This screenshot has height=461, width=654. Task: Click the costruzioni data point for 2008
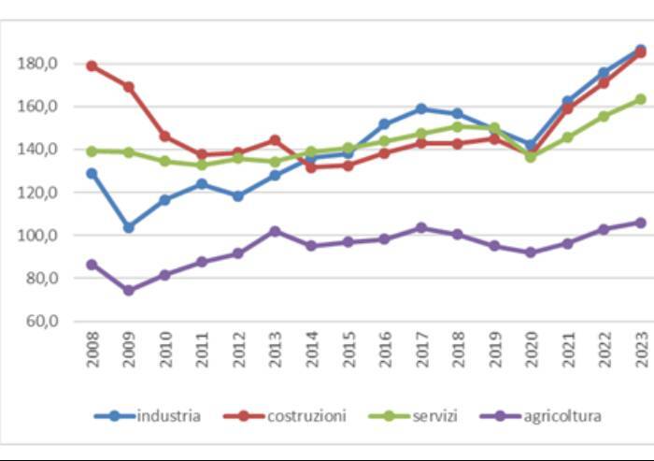point(92,66)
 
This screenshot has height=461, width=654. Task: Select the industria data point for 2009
point(128,227)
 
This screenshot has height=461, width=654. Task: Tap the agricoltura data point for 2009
point(128,290)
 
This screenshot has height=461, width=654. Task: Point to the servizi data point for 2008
point(92,151)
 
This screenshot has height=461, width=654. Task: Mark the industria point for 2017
point(421,108)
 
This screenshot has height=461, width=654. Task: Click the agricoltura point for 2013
point(275,231)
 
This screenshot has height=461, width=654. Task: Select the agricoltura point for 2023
point(641,223)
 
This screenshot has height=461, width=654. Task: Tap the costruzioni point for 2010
point(164,137)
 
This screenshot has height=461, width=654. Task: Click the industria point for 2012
point(238,196)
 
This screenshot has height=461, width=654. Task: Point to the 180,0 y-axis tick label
point(38,64)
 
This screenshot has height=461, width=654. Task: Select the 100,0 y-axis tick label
point(38,236)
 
